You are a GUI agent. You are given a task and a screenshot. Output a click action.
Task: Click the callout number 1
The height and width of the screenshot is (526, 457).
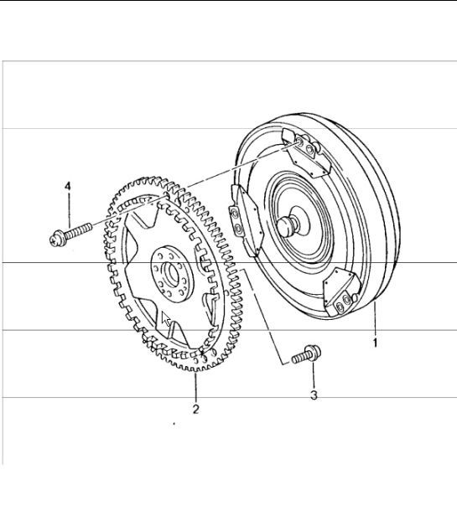(376, 342)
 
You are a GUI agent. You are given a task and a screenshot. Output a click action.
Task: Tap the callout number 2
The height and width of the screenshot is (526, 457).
(195, 409)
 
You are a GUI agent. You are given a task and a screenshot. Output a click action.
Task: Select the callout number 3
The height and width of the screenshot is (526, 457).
(314, 394)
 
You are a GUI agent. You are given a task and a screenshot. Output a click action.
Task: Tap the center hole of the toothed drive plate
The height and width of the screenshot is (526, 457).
(170, 272)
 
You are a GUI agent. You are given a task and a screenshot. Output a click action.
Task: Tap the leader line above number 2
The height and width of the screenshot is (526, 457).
(195, 388)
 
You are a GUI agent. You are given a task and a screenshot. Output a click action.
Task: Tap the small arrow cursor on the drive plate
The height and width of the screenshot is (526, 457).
(167, 319)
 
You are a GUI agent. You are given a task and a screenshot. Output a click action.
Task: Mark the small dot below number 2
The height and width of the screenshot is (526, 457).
(173, 425)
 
